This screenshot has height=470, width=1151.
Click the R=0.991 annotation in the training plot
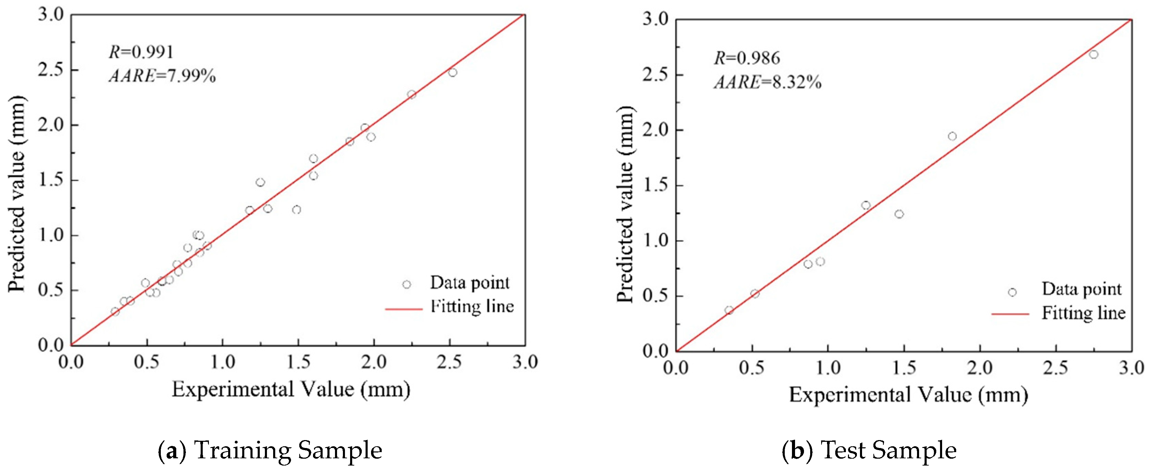tap(141, 52)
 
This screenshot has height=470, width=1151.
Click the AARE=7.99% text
tap(162, 76)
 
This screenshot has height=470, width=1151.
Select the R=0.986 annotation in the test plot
tap(747, 58)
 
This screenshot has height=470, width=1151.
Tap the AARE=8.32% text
tap(768, 82)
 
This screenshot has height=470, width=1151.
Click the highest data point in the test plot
tap(1093, 55)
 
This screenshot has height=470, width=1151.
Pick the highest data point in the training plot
tap(452, 73)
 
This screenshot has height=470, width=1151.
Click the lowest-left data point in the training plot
tap(115, 312)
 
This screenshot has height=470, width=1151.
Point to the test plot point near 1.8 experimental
tap(952, 136)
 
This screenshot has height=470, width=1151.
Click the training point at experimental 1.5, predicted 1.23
tap(297, 210)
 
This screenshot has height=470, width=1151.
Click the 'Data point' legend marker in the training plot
tap(406, 284)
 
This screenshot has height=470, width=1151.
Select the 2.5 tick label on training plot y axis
tap(51, 70)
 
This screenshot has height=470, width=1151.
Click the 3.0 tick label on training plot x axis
tap(525, 362)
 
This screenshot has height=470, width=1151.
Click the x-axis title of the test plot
tap(908, 395)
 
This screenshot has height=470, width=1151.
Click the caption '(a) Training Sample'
tap(270, 450)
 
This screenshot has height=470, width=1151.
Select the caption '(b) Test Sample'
tap(869, 450)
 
